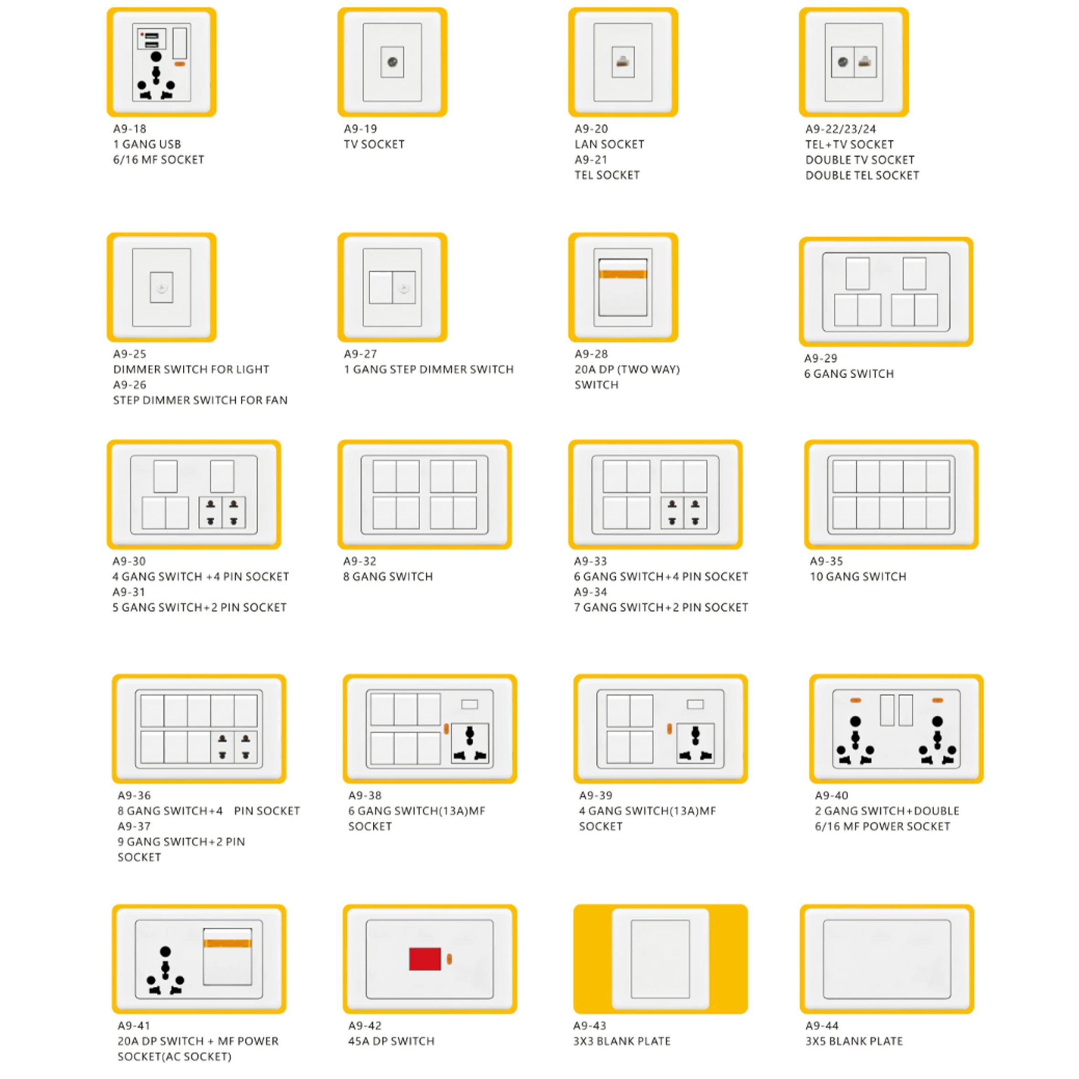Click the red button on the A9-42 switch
[x=424, y=959]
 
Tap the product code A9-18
[x=130, y=129]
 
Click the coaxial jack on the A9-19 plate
[x=392, y=62]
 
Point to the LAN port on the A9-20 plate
[x=623, y=62]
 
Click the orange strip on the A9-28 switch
[x=623, y=274]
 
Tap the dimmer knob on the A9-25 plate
[x=161, y=288]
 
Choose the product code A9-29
[x=820, y=359]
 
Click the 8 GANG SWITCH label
[x=387, y=577]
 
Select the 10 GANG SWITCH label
[x=858, y=577]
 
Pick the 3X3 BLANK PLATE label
[x=622, y=1041]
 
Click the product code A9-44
[x=821, y=1026]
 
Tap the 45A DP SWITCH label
[x=391, y=1041]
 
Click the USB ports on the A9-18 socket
[x=151, y=40]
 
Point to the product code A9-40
[x=831, y=795]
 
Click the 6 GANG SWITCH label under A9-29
[x=848, y=374]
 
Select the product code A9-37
[x=134, y=826]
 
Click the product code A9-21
[x=591, y=160]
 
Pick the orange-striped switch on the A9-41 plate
[x=227, y=957]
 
